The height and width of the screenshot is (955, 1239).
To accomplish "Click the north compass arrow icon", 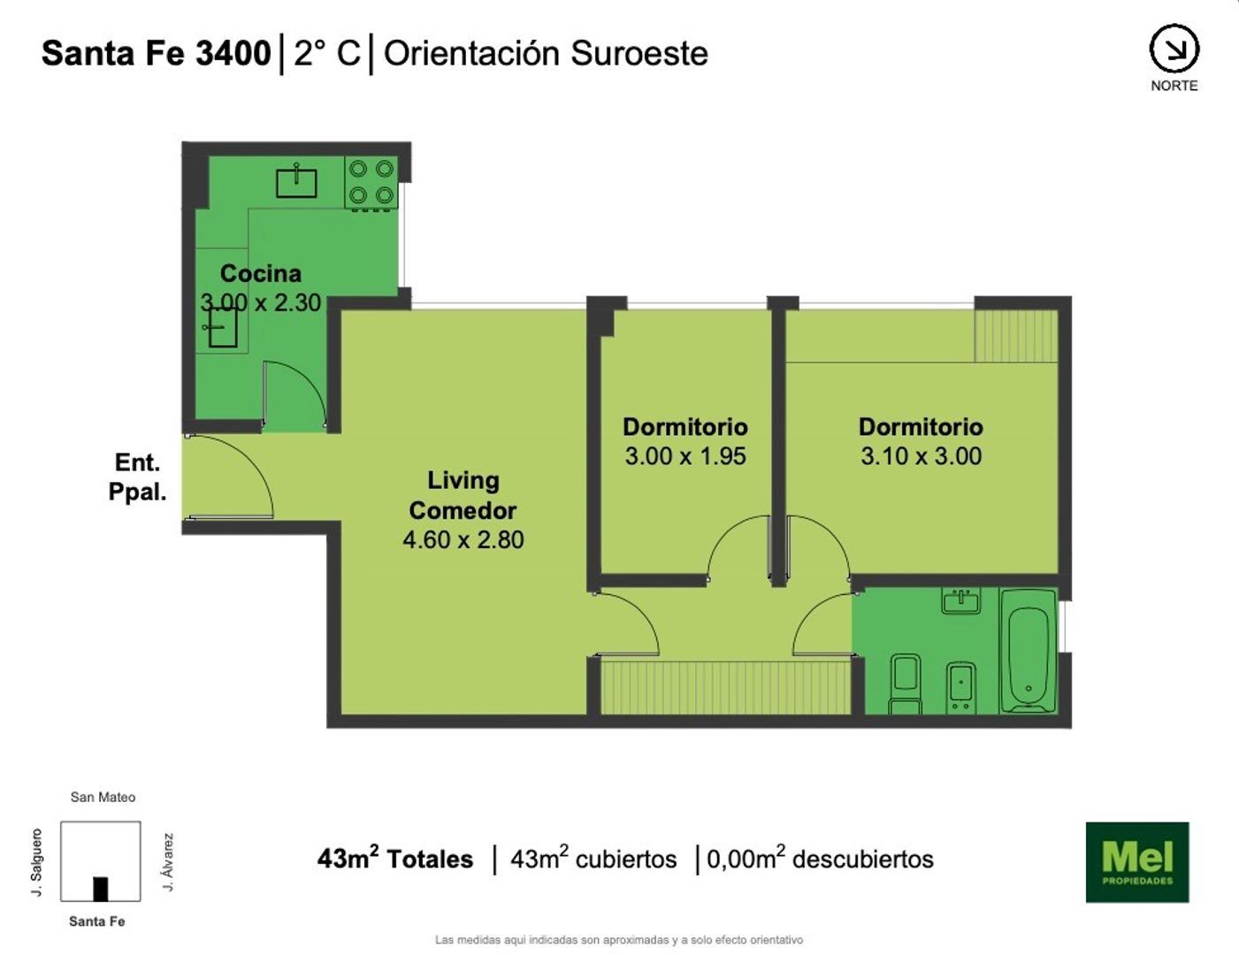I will [x=1174, y=49].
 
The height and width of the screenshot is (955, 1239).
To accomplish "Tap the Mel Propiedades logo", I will [x=1136, y=862].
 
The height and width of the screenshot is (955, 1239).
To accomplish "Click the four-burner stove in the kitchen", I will [x=371, y=182].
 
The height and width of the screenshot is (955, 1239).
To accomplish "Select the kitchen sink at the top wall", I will [x=296, y=181].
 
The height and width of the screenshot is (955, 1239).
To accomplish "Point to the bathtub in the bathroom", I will [x=1028, y=652].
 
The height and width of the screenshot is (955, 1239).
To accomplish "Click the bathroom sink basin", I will [x=960, y=601].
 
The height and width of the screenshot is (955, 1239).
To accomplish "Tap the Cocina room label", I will [x=261, y=273].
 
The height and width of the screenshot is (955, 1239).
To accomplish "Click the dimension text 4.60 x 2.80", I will [x=463, y=539].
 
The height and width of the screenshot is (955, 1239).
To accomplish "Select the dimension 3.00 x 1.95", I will [x=685, y=456].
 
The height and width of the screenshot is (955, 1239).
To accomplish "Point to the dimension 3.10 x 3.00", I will [x=921, y=456].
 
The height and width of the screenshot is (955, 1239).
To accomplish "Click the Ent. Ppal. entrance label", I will [x=138, y=477].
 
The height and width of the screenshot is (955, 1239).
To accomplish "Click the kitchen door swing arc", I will [x=296, y=394].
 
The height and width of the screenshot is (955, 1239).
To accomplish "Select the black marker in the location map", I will [x=101, y=889].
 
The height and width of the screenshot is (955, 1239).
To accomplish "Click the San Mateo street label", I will [x=103, y=797].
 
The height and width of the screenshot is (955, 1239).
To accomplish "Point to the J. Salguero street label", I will [x=37, y=861].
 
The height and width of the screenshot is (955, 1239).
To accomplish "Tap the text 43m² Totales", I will [x=395, y=859].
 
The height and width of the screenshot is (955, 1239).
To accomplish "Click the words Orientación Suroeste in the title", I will [x=546, y=53].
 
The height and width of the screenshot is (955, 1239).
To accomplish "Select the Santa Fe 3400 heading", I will [x=156, y=53].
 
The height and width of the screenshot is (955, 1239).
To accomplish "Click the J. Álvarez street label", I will [x=168, y=861].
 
